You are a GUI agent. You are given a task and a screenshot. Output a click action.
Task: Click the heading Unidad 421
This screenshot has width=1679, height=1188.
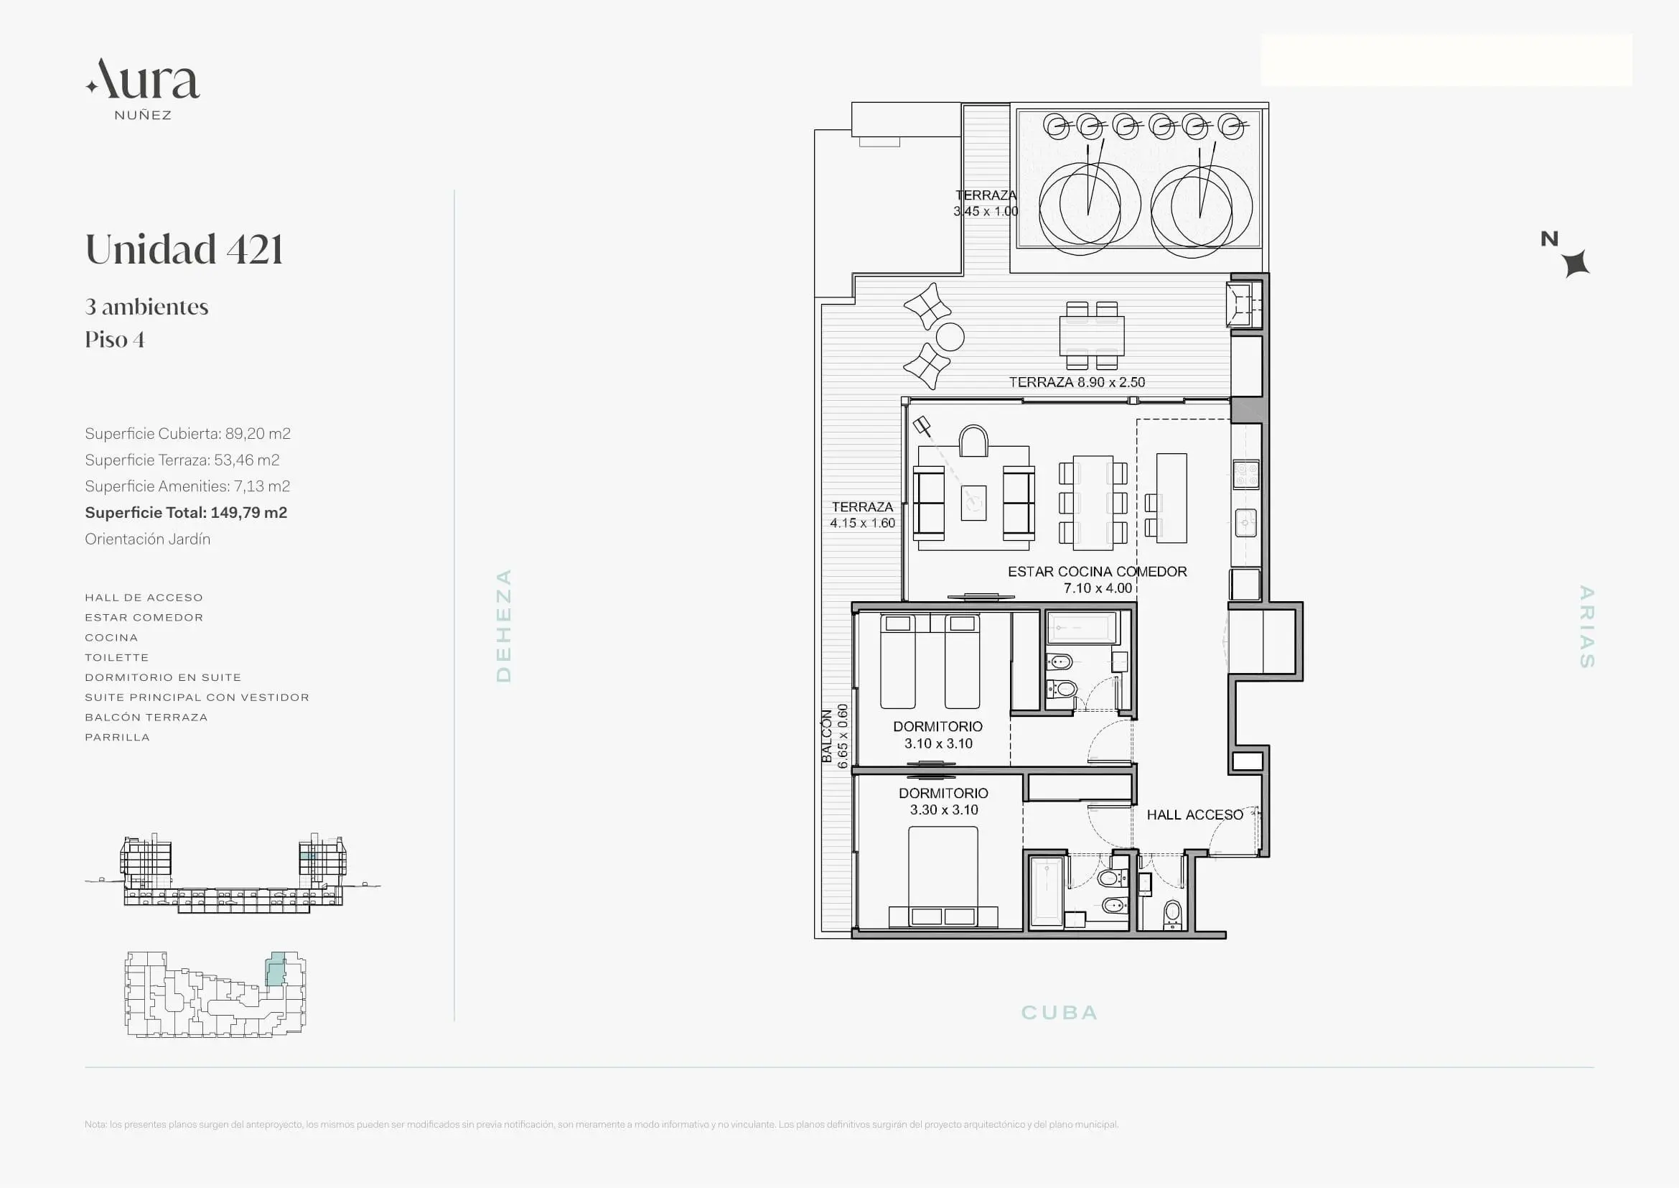coord(184,249)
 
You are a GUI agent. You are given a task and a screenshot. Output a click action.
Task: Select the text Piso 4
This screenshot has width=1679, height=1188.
coord(115,340)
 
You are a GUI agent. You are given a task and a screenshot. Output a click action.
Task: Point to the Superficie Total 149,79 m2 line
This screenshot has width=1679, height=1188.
coord(186,513)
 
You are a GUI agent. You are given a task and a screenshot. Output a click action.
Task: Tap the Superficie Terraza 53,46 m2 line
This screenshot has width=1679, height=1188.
coord(182,460)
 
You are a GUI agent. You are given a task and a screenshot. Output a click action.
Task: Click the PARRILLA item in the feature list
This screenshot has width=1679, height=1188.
coord(117,738)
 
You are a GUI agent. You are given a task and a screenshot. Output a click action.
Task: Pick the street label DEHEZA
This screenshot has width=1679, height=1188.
coord(503,626)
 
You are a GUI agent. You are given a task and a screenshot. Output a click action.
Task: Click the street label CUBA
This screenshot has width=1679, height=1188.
coord(1059,1013)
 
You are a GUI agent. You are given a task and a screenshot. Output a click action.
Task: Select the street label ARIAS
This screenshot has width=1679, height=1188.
coord(1586,626)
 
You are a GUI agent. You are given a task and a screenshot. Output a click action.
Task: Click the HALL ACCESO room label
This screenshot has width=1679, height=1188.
coord(1194,815)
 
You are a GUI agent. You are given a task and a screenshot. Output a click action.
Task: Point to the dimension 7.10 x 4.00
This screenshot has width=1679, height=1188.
coord(1098,588)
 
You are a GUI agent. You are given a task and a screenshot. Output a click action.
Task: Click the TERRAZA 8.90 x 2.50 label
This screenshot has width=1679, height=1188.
coord(1077,382)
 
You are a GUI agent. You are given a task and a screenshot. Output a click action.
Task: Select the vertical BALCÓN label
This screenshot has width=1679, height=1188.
coord(826,736)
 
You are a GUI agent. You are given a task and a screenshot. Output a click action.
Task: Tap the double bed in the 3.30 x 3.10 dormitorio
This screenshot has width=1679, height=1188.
coord(943,877)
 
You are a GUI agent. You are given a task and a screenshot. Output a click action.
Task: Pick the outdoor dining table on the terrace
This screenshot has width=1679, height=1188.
coord(1092,335)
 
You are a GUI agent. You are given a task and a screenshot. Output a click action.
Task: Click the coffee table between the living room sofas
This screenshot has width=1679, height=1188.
coord(973,503)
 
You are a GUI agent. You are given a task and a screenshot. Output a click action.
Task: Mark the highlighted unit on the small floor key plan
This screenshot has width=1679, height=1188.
coord(276,968)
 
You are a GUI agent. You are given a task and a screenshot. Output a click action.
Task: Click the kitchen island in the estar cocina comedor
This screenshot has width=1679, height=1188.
coord(1171,498)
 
